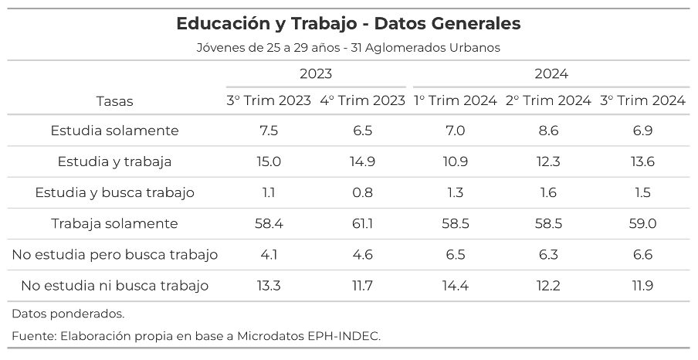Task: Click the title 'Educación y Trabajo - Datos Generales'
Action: [348, 24]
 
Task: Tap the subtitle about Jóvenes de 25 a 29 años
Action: [348, 48]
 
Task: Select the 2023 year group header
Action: [316, 74]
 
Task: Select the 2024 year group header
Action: [551, 74]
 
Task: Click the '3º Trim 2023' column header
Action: [269, 100]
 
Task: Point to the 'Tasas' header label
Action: [114, 101]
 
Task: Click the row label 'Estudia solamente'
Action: [114, 131]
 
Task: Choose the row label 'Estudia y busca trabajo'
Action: [114, 192]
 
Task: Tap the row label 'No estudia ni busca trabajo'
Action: [114, 286]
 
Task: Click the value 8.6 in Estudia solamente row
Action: [548, 131]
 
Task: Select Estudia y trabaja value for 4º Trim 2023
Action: [362, 161]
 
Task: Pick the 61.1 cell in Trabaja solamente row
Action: [362, 223]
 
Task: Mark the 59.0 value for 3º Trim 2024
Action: [642, 223]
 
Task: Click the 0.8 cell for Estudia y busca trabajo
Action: [362, 192]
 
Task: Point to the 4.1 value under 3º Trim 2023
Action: [269, 254]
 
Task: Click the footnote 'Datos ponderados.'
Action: [68, 314]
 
